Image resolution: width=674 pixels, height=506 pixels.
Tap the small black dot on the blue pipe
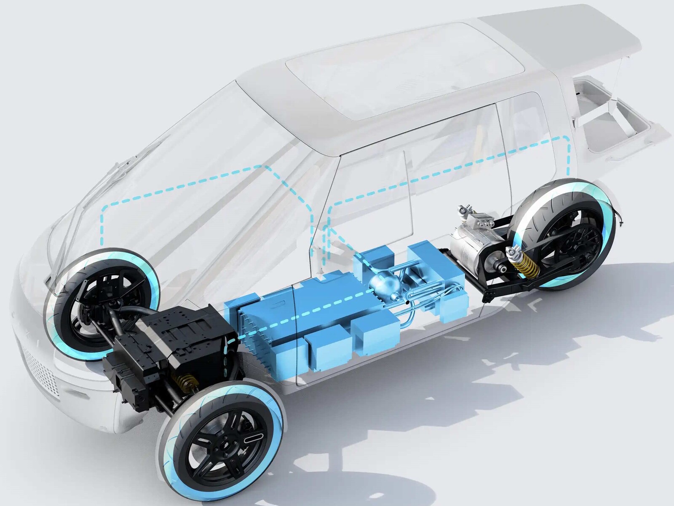pyautogui.click(x=407, y=302)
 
